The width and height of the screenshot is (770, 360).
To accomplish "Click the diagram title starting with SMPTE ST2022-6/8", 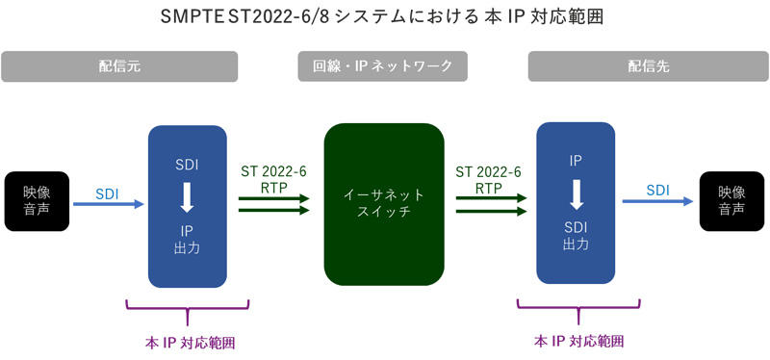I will pos(384,18).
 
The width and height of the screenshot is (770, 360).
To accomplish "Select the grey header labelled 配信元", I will pos(120,66).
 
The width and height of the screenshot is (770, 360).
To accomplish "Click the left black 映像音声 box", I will pos(37,201).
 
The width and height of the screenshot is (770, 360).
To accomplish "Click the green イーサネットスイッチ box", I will pos(384,203).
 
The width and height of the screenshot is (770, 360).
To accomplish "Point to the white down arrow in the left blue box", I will pos(188,198).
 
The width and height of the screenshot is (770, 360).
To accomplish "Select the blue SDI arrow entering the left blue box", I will pos(108,204).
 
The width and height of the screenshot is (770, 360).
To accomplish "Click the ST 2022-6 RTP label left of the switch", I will pos(273,180).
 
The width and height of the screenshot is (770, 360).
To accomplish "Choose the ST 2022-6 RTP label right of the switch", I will pos(489,180).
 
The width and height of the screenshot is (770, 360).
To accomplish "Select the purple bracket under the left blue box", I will pos(188,307).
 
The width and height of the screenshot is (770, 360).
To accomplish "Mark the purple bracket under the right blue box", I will pos(578,307).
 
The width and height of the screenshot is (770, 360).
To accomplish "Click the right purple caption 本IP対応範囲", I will pos(578,342).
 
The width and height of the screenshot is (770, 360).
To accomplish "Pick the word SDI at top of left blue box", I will pos(188,165).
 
